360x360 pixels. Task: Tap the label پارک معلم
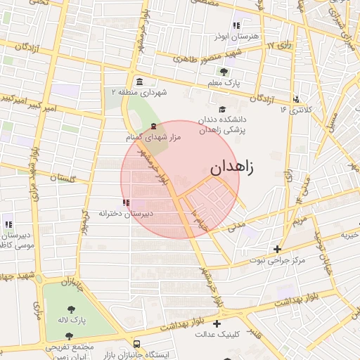(x=224, y=84)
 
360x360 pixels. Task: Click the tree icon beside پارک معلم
(x=224, y=72)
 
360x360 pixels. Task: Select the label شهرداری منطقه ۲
(x=134, y=92)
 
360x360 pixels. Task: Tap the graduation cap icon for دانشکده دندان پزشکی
(x=223, y=109)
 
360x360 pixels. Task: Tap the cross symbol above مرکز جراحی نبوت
(x=278, y=249)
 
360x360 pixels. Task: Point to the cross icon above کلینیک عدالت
(x=217, y=324)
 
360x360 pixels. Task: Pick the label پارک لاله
(x=72, y=320)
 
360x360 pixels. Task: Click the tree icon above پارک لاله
(x=71, y=309)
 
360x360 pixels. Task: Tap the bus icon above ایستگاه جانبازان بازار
(x=136, y=345)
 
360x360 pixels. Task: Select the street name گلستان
(x=63, y=179)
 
